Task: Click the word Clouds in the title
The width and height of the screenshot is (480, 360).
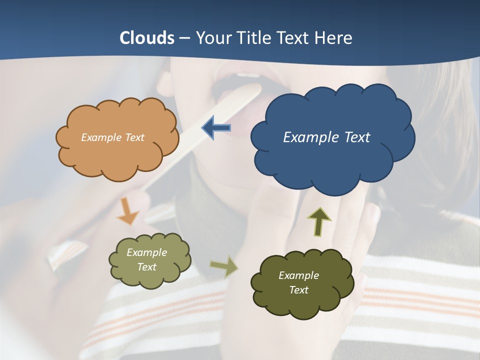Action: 147,38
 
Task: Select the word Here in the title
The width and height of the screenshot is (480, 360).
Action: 335,38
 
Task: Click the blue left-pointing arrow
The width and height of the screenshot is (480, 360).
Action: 216,128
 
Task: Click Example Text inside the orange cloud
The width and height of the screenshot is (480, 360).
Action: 112,137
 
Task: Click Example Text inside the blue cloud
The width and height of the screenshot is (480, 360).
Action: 326,137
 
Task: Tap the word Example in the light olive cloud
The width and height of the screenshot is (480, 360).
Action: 146,252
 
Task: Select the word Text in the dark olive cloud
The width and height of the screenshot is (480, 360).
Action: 298,290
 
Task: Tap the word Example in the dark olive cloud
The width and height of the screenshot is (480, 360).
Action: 298,275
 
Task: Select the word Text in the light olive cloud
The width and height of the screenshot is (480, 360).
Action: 146,267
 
